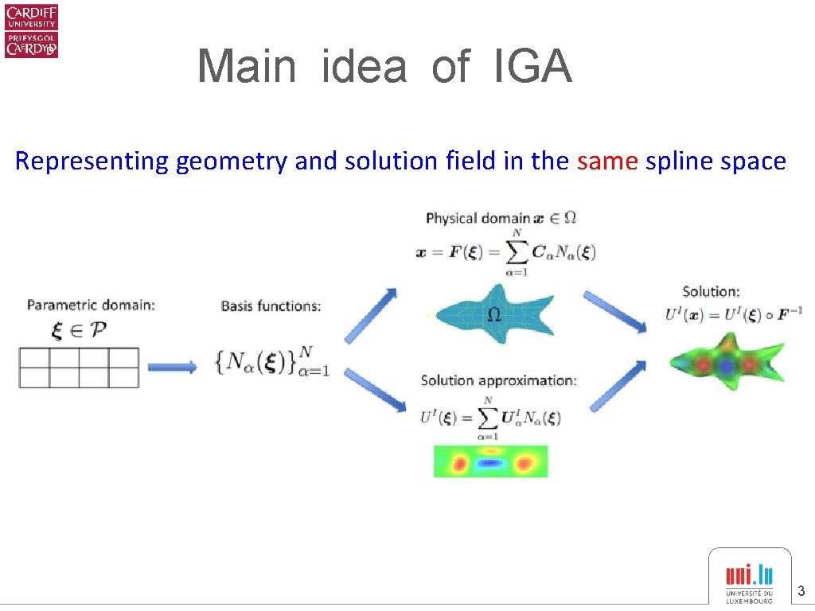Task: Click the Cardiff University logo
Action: pyautogui.click(x=32, y=31)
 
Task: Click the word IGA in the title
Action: pyautogui.click(x=532, y=66)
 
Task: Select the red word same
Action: pyautogui.click(x=608, y=161)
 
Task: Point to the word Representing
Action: pyautogui.click(x=92, y=162)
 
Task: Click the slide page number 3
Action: pyautogui.click(x=801, y=591)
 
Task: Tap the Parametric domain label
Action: pyautogui.click(x=92, y=304)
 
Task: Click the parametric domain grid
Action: pyautogui.click(x=79, y=368)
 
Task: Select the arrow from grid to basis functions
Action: pyautogui.click(x=173, y=367)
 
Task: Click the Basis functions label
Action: pyautogui.click(x=271, y=305)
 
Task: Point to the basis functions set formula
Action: pyautogui.click(x=271, y=363)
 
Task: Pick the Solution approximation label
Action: pyautogui.click(x=498, y=380)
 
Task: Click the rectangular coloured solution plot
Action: pyautogui.click(x=490, y=461)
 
